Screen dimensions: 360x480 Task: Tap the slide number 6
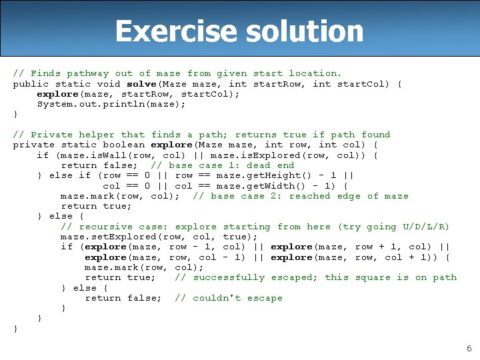pyautogui.click(x=469, y=348)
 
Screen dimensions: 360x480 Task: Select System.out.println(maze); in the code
pyautogui.click(x=112, y=104)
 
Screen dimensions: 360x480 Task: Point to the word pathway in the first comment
pyautogui.click(x=88, y=73)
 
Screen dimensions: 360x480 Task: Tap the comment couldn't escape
pyautogui.click(x=237, y=298)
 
